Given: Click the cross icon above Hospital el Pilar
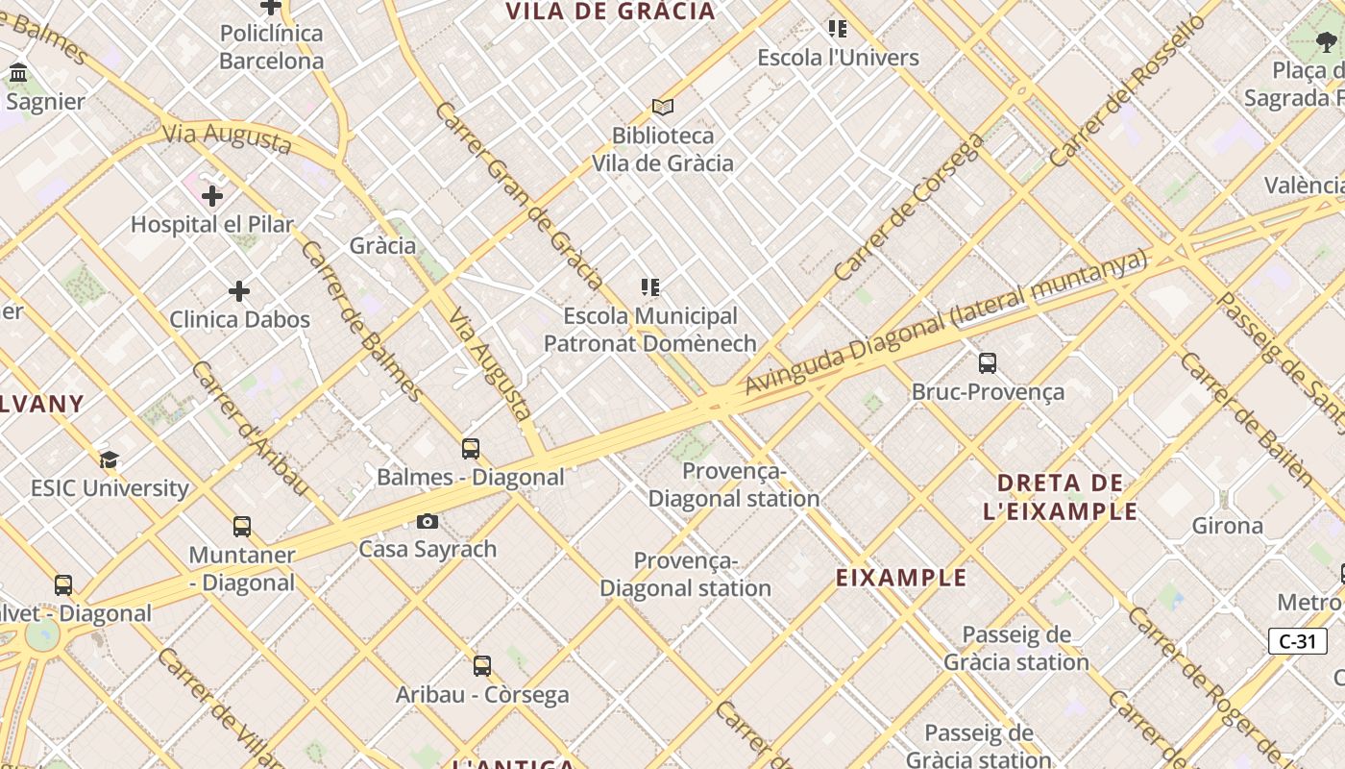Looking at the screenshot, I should click(212, 196).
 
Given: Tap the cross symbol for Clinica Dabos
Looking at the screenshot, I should click(239, 290).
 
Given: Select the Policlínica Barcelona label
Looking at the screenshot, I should click(271, 47).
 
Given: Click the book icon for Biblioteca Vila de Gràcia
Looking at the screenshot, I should click(662, 107).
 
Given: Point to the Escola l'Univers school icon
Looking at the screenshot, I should click(838, 29).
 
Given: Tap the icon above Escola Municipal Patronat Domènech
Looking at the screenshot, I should click(650, 286).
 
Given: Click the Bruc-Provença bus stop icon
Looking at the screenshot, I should click(987, 362).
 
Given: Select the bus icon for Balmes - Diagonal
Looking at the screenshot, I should click(470, 448).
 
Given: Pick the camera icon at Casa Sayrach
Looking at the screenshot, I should click(428, 521).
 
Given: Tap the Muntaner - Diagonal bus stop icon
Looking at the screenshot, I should click(242, 527).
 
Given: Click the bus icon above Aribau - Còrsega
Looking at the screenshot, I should click(482, 665).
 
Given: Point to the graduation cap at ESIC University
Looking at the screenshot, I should click(109, 459).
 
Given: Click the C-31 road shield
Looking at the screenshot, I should click(1297, 641).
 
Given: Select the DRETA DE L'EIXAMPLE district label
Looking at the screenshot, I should click(1060, 496).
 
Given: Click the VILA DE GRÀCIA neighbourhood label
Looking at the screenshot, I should click(610, 12).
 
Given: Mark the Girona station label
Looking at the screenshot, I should click(1227, 526).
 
